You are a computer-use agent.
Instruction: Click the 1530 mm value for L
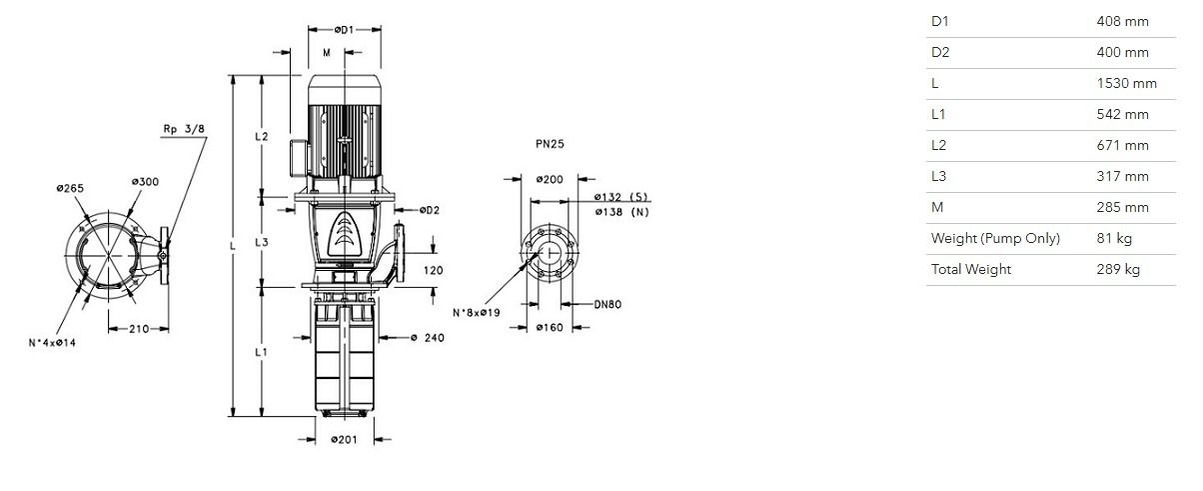point(1126,83)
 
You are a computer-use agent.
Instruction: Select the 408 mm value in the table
point(1122,22)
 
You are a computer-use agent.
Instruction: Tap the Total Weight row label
point(971,269)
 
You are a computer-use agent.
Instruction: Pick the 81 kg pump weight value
point(1114,238)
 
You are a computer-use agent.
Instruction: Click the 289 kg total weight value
point(1118,269)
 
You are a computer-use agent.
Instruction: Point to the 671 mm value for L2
point(1122,145)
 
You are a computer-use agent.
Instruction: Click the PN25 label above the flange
point(550,144)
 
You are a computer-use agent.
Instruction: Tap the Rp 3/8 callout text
point(184,129)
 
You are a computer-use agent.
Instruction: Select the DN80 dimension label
point(607,304)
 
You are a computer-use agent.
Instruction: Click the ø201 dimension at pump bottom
point(344,439)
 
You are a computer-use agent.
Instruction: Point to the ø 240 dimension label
point(428,338)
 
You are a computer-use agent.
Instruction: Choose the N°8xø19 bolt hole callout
point(477,312)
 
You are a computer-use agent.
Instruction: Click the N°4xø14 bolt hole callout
point(52,343)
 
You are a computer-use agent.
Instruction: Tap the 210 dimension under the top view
point(139,329)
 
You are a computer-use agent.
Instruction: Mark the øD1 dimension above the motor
point(345,30)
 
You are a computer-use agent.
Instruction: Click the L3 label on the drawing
point(262,243)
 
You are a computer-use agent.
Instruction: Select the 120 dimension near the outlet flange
point(434,271)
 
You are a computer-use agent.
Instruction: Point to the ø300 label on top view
point(145,182)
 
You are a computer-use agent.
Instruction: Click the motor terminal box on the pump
point(299,158)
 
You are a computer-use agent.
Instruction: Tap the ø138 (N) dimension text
point(621,212)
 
